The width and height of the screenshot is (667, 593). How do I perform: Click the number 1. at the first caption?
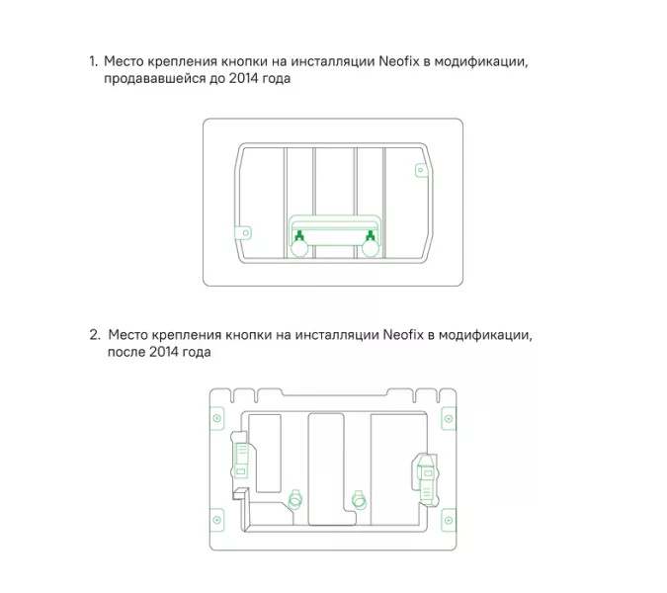(x=94, y=62)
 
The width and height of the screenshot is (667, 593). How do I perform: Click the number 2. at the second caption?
(x=95, y=334)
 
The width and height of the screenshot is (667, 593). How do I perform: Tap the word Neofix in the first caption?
(x=399, y=62)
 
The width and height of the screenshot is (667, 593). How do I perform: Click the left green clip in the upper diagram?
(x=297, y=235)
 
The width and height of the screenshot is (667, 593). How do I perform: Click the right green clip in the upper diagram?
(x=371, y=235)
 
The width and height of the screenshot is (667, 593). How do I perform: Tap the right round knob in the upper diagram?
(x=371, y=251)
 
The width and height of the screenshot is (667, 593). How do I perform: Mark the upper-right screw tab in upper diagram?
(x=419, y=170)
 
